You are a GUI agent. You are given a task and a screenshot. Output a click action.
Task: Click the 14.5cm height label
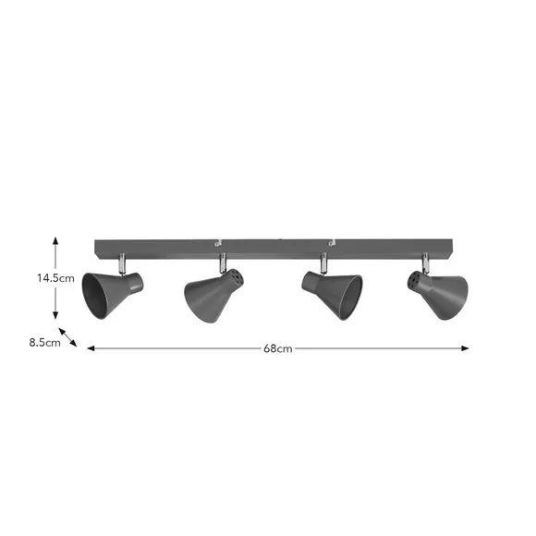coord(55,278)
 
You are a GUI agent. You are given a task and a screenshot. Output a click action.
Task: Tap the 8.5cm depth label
coord(44,343)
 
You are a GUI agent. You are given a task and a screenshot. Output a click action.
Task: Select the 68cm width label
coord(278,348)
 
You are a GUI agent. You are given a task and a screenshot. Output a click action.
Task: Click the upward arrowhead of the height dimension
coord(55,240)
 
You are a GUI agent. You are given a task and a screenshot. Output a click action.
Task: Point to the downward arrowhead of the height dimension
coord(55,315)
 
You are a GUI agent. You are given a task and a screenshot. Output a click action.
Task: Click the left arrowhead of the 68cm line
coord(91,348)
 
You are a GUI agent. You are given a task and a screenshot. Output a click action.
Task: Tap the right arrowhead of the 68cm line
coord(465,348)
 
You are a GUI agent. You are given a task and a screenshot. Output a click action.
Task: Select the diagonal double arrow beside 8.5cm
coord(67,337)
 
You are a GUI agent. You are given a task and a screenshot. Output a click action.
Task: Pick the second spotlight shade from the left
coord(213,295)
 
